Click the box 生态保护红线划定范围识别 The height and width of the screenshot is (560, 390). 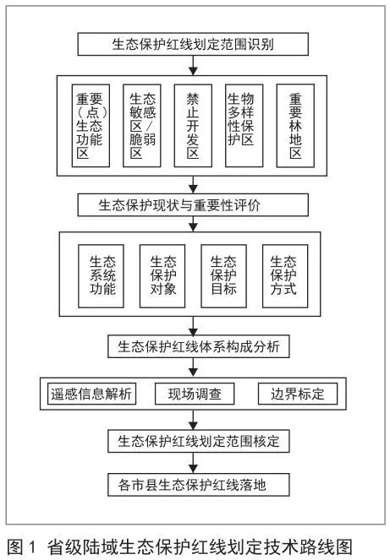tap(193, 44)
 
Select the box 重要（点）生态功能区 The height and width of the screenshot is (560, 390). tap(91, 126)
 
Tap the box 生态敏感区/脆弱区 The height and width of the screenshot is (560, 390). tap(141, 126)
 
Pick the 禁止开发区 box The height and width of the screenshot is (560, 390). tap(193, 126)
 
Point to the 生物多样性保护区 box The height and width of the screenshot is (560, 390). tap(244, 126)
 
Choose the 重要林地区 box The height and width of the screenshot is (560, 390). tap(295, 126)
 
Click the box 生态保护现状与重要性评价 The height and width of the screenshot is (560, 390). tap(193, 205)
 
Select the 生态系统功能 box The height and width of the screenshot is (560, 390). tap(101, 276)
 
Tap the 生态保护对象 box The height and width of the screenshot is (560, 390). tap(162, 276)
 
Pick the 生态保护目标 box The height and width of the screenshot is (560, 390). tap(223, 276)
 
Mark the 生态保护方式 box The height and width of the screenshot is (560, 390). tap(285, 276)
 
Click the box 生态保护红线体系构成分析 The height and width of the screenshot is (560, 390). tap(199, 346)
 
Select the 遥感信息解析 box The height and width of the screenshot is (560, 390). tap(91, 394)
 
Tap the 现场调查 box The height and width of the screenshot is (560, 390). tap(195, 394)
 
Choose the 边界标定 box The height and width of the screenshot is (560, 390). tap(298, 394)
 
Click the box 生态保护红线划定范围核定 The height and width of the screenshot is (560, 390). tap(199, 441)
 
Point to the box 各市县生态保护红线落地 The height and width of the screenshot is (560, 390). tap(199, 485)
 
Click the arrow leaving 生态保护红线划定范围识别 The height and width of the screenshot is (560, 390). tap(193, 65)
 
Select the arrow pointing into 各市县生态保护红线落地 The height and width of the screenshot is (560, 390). tap(193, 463)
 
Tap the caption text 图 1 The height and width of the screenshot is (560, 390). tap(21, 546)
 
